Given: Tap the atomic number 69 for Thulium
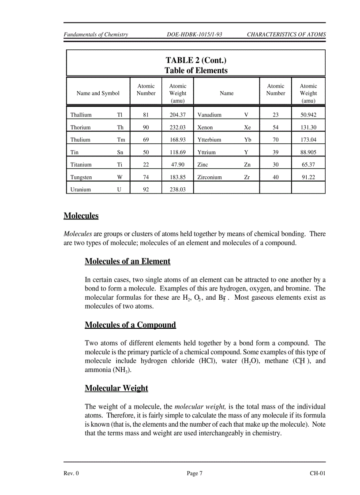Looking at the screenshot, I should click(146, 140).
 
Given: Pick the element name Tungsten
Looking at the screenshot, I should click(81, 177).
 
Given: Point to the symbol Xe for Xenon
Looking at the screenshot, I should click(247, 127).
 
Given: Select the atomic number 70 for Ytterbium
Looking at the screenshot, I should click(276, 140).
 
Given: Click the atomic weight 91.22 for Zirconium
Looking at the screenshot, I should click(308, 177).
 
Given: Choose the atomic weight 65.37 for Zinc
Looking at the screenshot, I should click(308, 165).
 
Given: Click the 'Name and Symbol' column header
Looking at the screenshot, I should click(98, 93).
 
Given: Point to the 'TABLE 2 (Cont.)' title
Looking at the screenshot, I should click(196, 60).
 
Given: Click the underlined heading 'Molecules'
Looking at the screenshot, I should click(81, 216).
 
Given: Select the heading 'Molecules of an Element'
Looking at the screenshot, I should click(127, 261).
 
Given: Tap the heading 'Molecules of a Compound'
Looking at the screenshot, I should click(130, 325).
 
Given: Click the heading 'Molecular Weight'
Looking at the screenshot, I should click(116, 388).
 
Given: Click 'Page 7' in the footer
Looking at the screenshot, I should click(195, 474).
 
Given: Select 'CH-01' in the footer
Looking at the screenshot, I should click(317, 474).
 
